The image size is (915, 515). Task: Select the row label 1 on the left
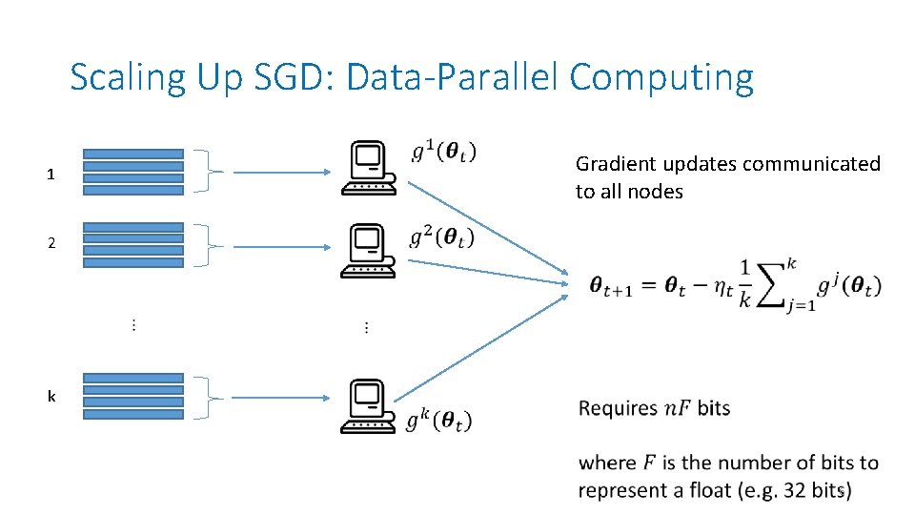pyautogui.click(x=51, y=175)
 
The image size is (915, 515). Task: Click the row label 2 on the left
pyautogui.click(x=51, y=243)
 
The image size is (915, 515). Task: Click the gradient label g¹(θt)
pyautogui.click(x=444, y=151)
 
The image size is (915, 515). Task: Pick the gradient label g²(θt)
pyautogui.click(x=441, y=237)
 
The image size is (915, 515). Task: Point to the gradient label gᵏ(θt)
pyautogui.click(x=438, y=420)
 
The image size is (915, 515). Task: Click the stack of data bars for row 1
pyautogui.click(x=132, y=172)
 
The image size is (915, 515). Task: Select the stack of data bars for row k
pyautogui.click(x=132, y=396)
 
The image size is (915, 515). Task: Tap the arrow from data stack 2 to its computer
pyautogui.click(x=282, y=246)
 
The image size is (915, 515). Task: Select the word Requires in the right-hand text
pyautogui.click(x=618, y=409)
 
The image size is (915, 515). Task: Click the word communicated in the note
pyautogui.click(x=811, y=164)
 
